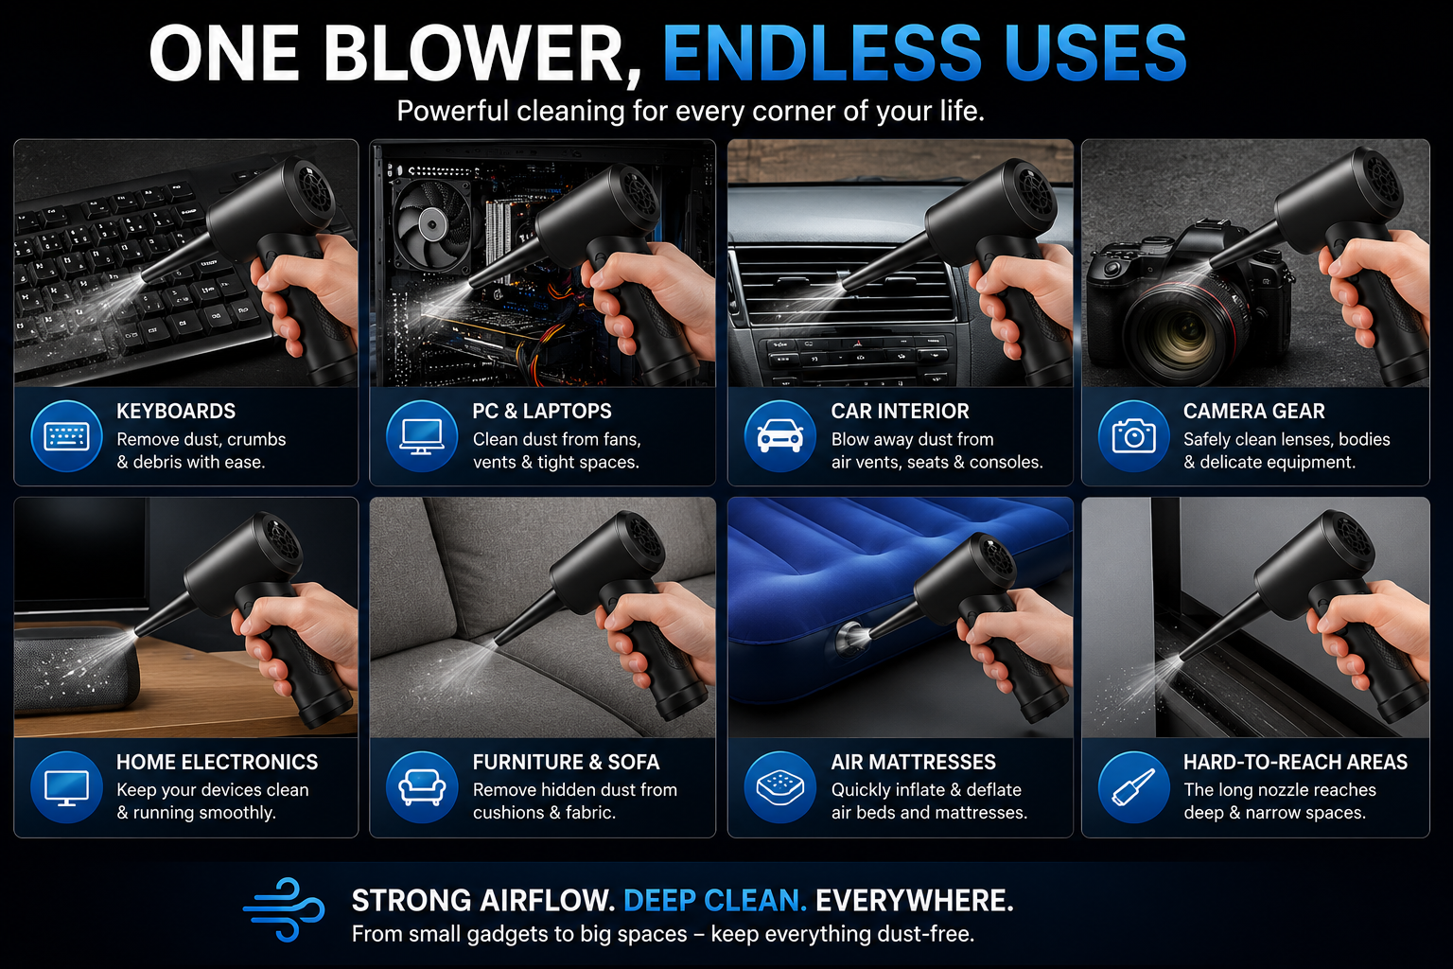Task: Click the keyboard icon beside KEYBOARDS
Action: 66,436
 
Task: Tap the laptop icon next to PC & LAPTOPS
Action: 422,436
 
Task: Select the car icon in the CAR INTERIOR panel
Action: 780,436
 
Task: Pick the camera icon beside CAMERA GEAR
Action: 1134,436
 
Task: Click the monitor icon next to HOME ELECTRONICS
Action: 66,787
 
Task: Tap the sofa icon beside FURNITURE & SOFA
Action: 422,787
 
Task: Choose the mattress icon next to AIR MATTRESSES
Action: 780,787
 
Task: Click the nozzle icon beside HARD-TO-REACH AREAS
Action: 1134,787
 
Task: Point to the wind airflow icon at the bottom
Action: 284,909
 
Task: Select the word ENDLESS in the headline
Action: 822,53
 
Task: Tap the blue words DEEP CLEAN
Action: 715,900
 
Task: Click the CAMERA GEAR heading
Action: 1253,411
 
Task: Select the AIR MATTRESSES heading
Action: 913,762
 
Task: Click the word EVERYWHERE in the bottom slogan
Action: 914,900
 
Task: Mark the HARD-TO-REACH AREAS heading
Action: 1295,762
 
